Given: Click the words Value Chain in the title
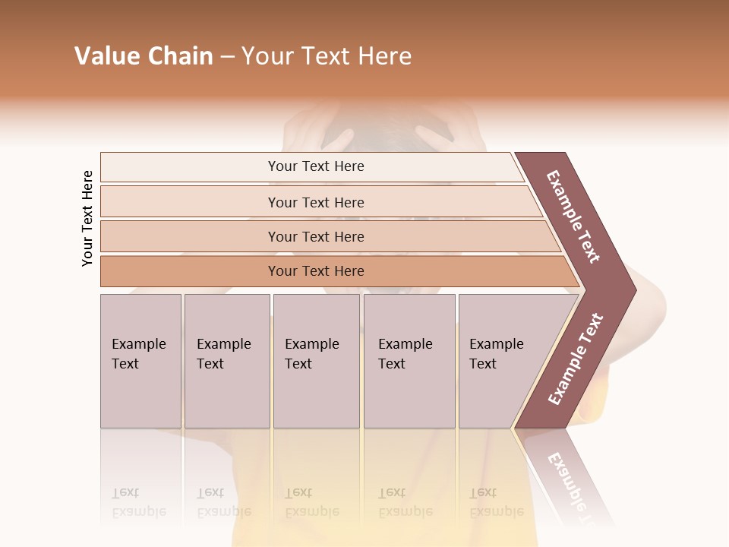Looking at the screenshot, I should [144, 56].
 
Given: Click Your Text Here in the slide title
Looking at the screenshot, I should [327, 56].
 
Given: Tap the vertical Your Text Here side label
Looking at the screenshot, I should [87, 218].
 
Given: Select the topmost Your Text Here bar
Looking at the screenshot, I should [316, 166].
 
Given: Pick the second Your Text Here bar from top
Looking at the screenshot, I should [316, 202].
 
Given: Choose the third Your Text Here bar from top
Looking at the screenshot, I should [316, 236].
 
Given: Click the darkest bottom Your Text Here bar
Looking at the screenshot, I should [316, 271].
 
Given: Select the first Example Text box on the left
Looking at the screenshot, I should [140, 360].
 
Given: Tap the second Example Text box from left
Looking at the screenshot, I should [226, 360].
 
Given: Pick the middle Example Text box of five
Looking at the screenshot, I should [315, 360].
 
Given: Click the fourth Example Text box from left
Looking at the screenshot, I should [409, 360].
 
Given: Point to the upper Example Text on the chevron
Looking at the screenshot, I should [573, 217].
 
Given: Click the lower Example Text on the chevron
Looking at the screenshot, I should [576, 359].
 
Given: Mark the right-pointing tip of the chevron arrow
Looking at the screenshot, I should [635, 289].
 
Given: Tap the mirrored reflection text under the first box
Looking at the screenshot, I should [138, 503].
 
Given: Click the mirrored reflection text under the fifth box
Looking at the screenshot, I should [496, 503].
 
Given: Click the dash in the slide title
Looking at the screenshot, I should [227, 57].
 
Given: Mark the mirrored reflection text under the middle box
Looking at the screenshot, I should [311, 503].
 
